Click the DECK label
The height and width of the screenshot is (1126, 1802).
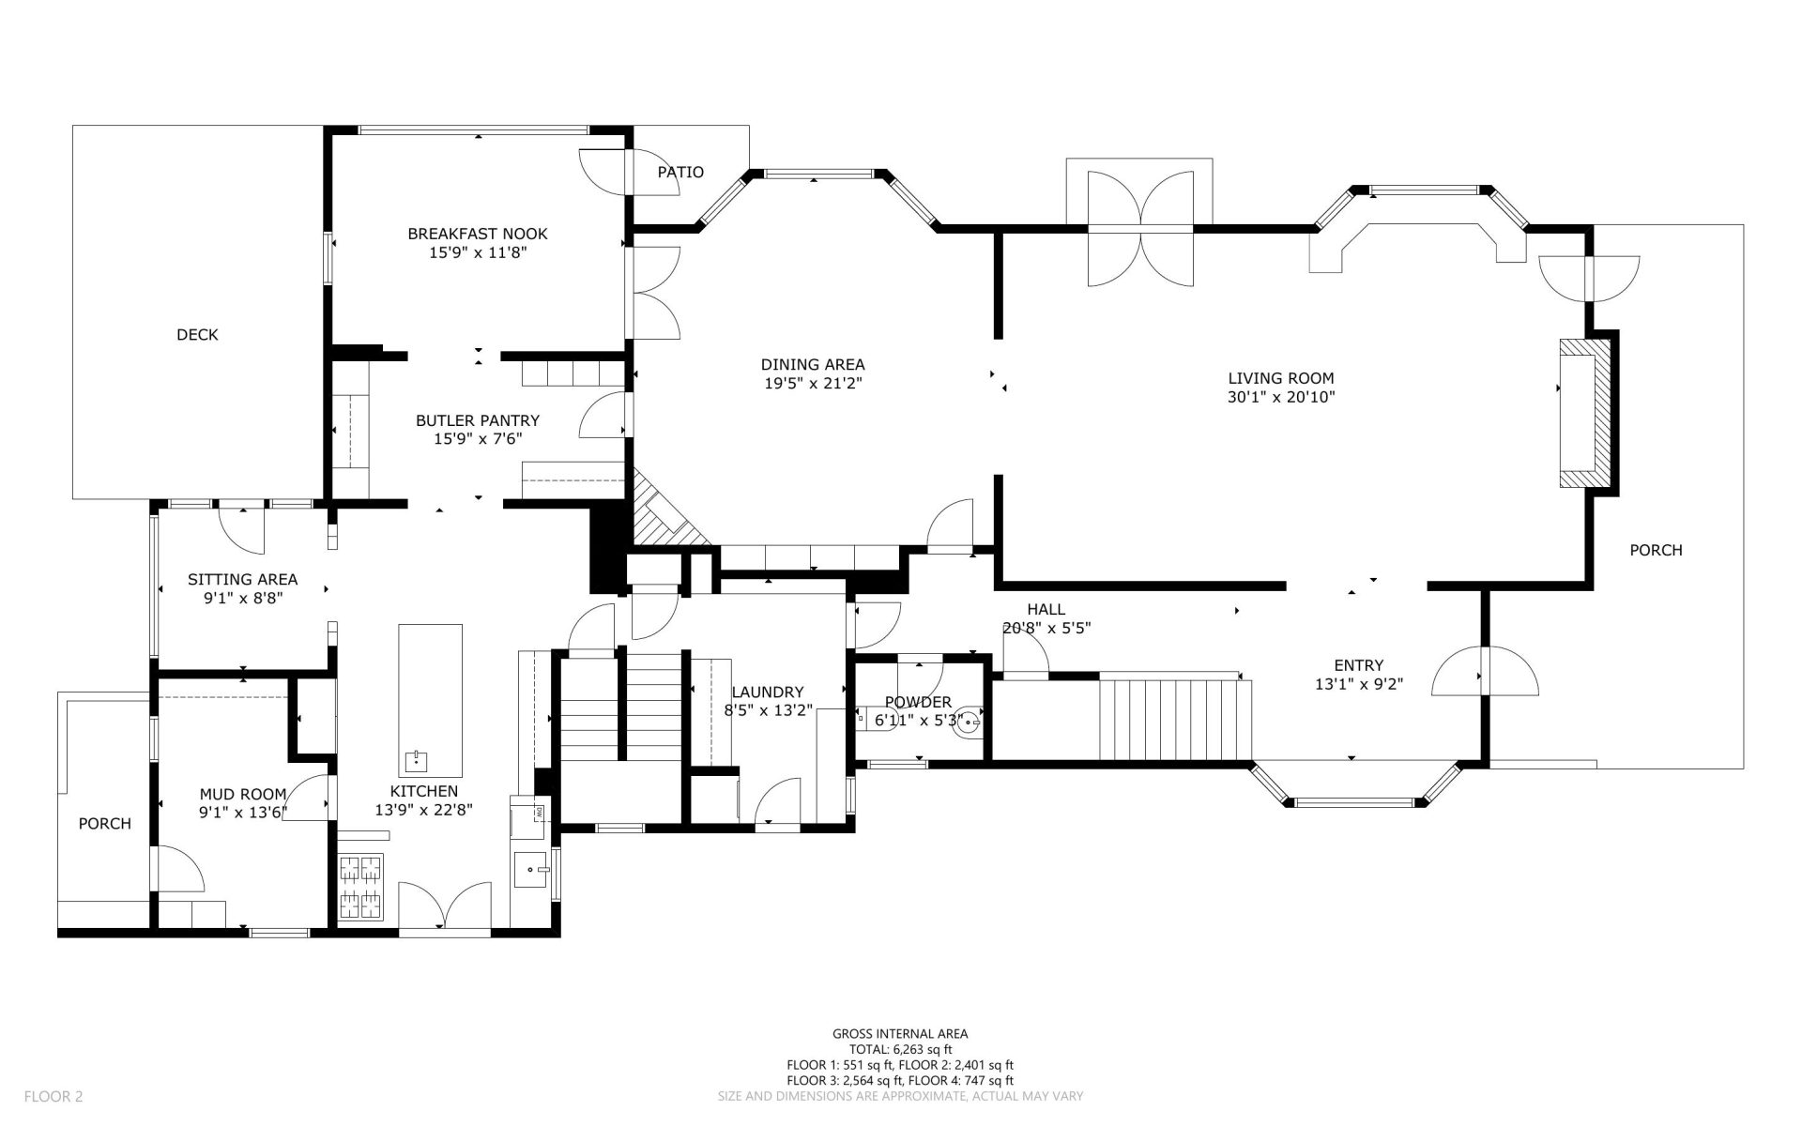(197, 335)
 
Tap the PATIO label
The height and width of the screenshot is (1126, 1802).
(680, 173)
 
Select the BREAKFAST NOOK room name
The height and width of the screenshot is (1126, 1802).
(478, 234)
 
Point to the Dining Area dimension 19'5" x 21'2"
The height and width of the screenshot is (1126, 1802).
(813, 383)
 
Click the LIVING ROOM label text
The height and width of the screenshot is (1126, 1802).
(1281, 378)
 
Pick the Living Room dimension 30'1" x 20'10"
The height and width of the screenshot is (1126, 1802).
(1281, 397)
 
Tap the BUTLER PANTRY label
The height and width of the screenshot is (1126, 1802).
(478, 420)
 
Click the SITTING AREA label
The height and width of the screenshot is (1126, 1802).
(243, 579)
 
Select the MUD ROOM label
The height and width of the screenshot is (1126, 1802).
(243, 794)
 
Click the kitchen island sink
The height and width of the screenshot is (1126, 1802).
(416, 759)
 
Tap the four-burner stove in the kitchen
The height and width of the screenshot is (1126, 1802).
(361, 887)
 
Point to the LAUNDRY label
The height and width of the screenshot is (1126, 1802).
(769, 692)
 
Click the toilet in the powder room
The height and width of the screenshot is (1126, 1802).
(968, 723)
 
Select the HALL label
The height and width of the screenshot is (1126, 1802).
(1046, 609)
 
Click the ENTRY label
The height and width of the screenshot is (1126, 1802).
(1359, 665)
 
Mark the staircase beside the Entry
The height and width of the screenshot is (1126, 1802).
(1176, 718)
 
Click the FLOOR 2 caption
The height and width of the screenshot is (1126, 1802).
(53, 1095)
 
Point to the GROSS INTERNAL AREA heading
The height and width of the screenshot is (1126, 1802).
(900, 1034)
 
